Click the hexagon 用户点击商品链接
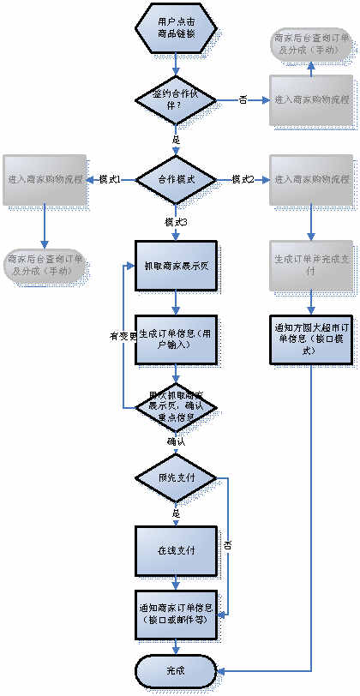pyautogui.click(x=176, y=27)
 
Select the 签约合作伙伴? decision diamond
pyautogui.click(x=176, y=99)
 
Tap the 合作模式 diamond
pyautogui.click(x=176, y=180)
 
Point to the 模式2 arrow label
pyautogui.click(x=243, y=179)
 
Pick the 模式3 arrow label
pyautogui.click(x=177, y=221)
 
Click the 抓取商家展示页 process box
pyautogui.click(x=176, y=264)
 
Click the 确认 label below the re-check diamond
pyautogui.click(x=177, y=442)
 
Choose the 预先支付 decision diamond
pyautogui.click(x=176, y=478)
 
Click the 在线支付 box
pyautogui.click(x=176, y=549)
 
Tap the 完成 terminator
pyautogui.click(x=176, y=669)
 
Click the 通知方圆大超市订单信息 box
pyautogui.click(x=311, y=329)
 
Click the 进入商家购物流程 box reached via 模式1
pyautogui.click(x=45, y=180)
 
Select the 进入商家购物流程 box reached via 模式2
pyautogui.click(x=311, y=180)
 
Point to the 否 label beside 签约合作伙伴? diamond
pyautogui.click(x=243, y=100)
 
